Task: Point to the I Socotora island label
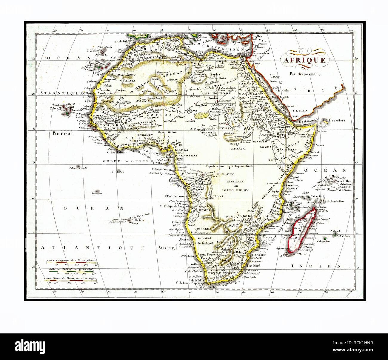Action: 335,121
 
